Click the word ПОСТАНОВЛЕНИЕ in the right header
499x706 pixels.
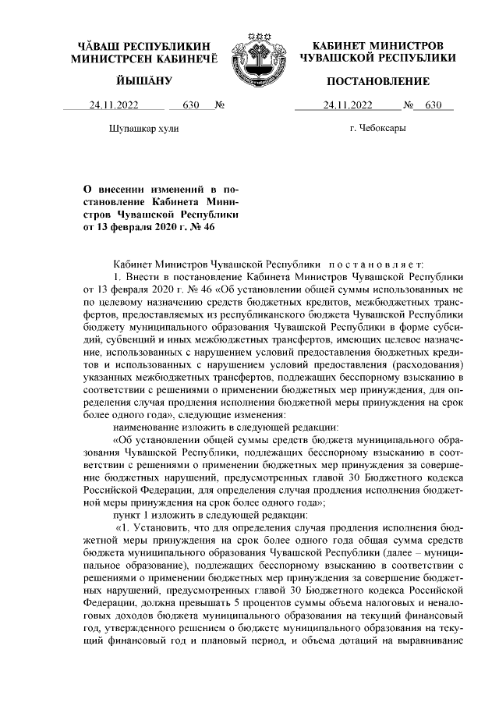pyautogui.click(x=378, y=81)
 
